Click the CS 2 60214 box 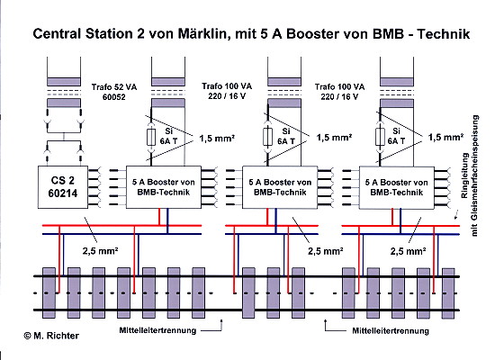(63, 187)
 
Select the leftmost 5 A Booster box (164, 187)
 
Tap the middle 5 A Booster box (280, 187)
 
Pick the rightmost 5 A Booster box (397, 187)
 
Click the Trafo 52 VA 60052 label (114, 92)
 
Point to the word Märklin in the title (202, 34)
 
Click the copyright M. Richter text (51, 336)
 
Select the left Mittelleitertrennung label (157, 330)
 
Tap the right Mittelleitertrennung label (391, 331)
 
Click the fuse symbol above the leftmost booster (151, 137)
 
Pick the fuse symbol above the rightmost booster (380, 137)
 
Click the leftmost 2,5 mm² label (100, 251)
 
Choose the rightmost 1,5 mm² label (445, 137)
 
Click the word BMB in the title (388, 34)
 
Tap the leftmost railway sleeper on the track (49, 292)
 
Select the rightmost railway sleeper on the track (448, 293)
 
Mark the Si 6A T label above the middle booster (285, 136)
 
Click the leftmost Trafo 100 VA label (227, 91)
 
